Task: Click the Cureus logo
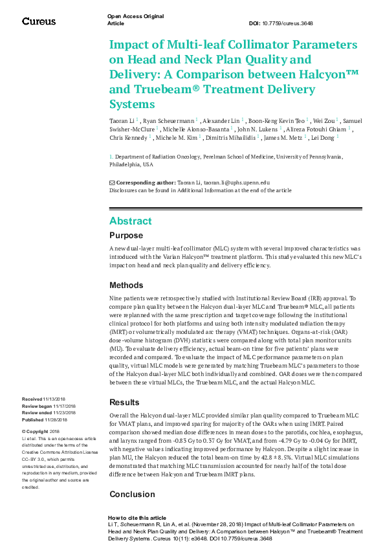(x=38, y=21)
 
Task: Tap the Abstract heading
(x=131, y=221)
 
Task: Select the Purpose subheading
(x=126, y=236)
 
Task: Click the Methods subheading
(x=126, y=285)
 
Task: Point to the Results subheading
(x=124, y=402)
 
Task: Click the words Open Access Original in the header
(x=135, y=16)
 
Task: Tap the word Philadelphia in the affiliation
(x=127, y=164)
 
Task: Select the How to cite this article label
(x=137, y=518)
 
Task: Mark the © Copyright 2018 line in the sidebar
(x=41, y=430)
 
